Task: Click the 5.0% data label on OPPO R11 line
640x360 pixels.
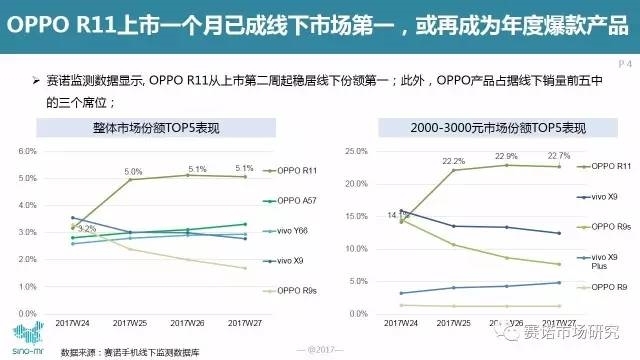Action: (x=133, y=171)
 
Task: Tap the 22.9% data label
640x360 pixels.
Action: (x=505, y=156)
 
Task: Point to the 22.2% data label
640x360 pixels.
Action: (x=453, y=160)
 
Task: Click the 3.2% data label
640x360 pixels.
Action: (x=86, y=229)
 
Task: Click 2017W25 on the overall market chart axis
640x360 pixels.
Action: (x=132, y=323)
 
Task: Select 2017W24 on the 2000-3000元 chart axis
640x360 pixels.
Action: (x=400, y=323)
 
